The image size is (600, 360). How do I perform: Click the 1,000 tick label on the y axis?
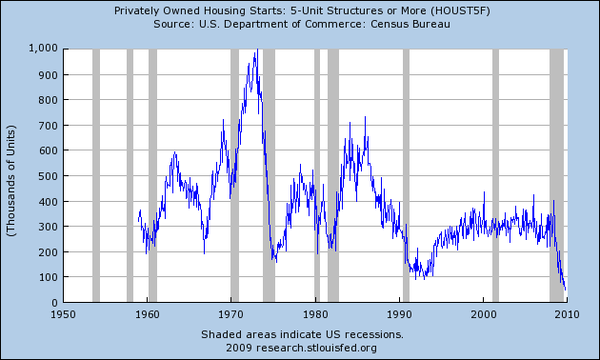[x=43, y=49]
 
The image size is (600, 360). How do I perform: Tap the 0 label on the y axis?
[x=54, y=303]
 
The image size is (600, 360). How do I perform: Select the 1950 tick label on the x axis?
[x=63, y=314]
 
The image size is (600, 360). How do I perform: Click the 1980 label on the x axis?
[x=315, y=314]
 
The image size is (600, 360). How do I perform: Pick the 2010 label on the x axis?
[x=567, y=314]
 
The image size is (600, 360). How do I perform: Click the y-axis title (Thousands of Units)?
[x=10, y=181]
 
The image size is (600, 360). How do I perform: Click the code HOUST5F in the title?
[x=460, y=10]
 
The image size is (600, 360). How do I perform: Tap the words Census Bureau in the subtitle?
[x=410, y=24]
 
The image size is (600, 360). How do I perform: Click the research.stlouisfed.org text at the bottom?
[x=316, y=349]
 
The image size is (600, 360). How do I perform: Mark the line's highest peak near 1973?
[x=257, y=50]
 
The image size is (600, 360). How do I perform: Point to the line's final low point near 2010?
[x=565, y=290]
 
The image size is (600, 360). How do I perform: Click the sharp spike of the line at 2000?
[x=484, y=192]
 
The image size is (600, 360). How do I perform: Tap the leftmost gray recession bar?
[x=96, y=175]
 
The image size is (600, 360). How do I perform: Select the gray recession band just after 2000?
[x=495, y=175]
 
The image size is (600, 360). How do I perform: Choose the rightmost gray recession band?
[x=557, y=175]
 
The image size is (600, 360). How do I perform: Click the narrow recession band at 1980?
[x=317, y=175]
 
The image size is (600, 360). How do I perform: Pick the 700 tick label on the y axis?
[x=49, y=125]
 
